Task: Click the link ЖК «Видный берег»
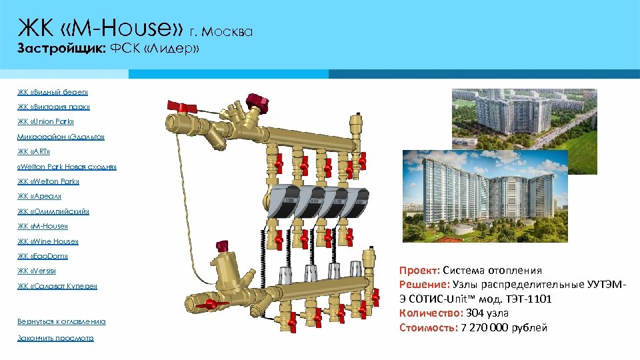(x=53, y=92)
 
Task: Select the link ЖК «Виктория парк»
(x=53, y=107)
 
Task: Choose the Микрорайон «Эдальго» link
(x=61, y=137)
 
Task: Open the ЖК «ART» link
(x=38, y=151)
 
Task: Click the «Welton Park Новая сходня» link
(x=67, y=167)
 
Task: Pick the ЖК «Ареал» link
(x=39, y=196)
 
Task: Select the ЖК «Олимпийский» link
(x=53, y=211)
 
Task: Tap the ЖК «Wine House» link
(x=48, y=241)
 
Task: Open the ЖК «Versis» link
(x=37, y=271)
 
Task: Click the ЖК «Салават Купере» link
(x=57, y=286)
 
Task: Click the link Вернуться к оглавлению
(x=61, y=321)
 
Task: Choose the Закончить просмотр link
(x=55, y=338)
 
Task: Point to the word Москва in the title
(x=231, y=31)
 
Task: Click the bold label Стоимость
(x=428, y=327)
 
